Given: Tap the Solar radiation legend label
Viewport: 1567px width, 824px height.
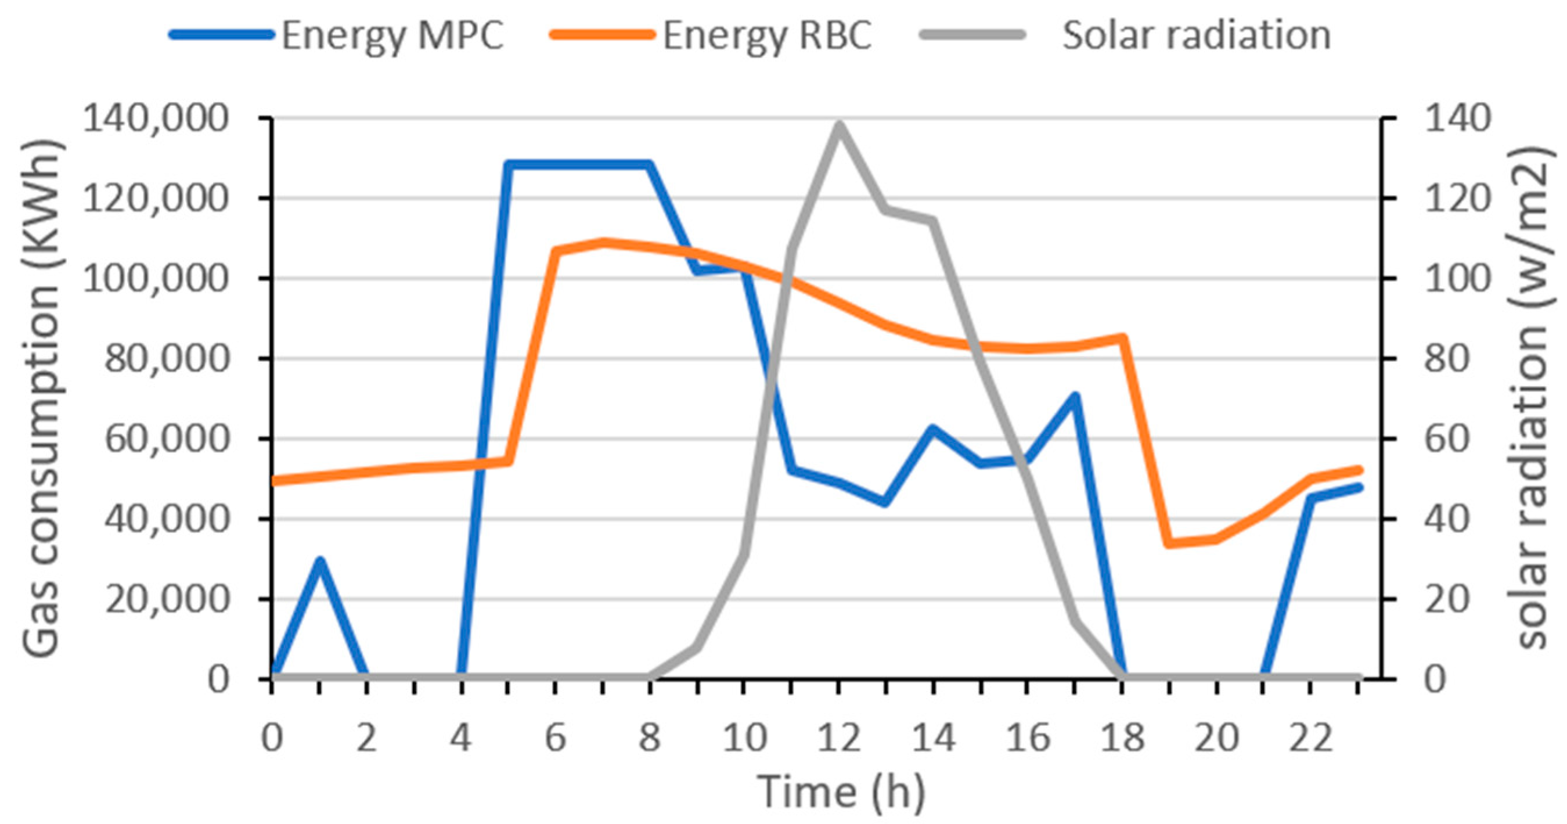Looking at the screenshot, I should [x=1196, y=35].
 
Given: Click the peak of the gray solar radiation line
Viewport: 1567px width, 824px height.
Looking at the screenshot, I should [x=839, y=125].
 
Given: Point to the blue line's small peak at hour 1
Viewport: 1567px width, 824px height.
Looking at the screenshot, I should [x=320, y=560].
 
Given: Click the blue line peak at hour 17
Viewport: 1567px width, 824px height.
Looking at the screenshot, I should [x=1075, y=396].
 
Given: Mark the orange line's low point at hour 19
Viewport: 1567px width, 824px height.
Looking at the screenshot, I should [x=1169, y=544].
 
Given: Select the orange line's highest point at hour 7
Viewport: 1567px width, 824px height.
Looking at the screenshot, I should [x=603, y=242].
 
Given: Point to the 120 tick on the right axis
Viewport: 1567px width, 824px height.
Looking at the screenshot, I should [x=1451, y=199].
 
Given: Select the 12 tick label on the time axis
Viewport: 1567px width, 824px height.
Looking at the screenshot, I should [x=839, y=738].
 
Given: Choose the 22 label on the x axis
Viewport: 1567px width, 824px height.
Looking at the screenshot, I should [x=1311, y=738].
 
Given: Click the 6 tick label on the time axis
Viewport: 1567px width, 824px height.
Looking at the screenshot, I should [x=556, y=738].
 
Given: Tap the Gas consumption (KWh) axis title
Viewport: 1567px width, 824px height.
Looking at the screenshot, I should [x=41, y=398].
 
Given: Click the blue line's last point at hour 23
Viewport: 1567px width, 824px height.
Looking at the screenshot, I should [x=1359, y=487].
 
